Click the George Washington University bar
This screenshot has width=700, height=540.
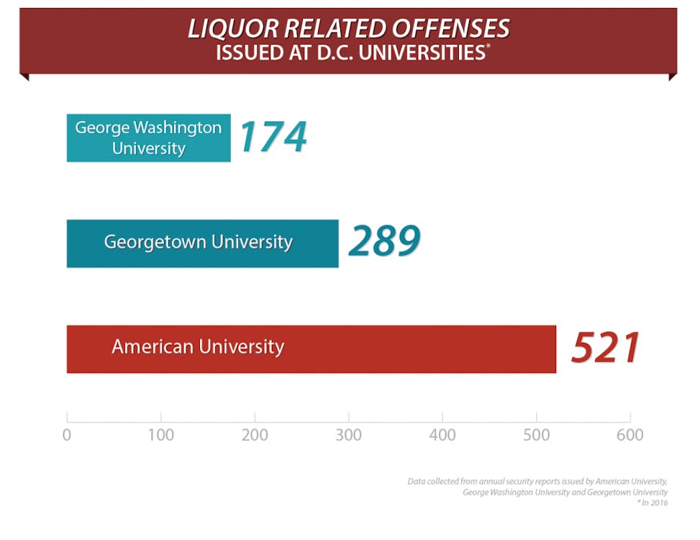148,138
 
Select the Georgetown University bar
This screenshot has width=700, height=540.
202,243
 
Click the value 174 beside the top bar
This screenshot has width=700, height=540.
273,137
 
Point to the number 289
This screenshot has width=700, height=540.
384,242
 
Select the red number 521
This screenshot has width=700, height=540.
605,348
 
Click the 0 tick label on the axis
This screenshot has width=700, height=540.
67,435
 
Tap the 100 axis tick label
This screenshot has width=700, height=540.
161,435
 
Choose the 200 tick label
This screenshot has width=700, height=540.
255,435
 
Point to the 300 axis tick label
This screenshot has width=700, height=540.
349,435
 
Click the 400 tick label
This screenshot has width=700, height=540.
442,435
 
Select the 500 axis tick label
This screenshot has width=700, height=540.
536,435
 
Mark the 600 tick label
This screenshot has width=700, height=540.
630,435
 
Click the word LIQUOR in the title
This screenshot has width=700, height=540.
232,29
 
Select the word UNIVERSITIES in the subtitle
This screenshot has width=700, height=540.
424,53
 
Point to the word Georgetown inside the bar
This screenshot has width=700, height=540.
147,242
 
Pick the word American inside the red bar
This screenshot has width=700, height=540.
152,347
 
